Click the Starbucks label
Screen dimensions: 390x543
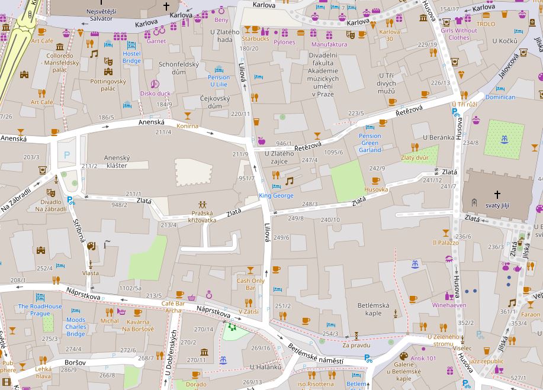click(255, 39)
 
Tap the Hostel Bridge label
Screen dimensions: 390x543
click(131, 57)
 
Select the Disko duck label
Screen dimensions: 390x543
click(155, 94)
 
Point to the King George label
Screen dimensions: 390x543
click(275, 195)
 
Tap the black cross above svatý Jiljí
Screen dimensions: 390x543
click(497, 194)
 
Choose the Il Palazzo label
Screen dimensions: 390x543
click(445, 243)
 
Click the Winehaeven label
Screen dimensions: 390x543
click(449, 305)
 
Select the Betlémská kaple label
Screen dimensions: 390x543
click(374, 309)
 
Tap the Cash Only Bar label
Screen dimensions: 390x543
click(250, 284)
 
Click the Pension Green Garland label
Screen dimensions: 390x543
click(370, 143)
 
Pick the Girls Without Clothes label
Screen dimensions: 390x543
click(458, 34)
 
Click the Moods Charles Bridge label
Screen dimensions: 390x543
click(76, 327)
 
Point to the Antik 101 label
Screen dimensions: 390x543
click(423, 358)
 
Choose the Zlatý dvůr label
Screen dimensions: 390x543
click(415, 157)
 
